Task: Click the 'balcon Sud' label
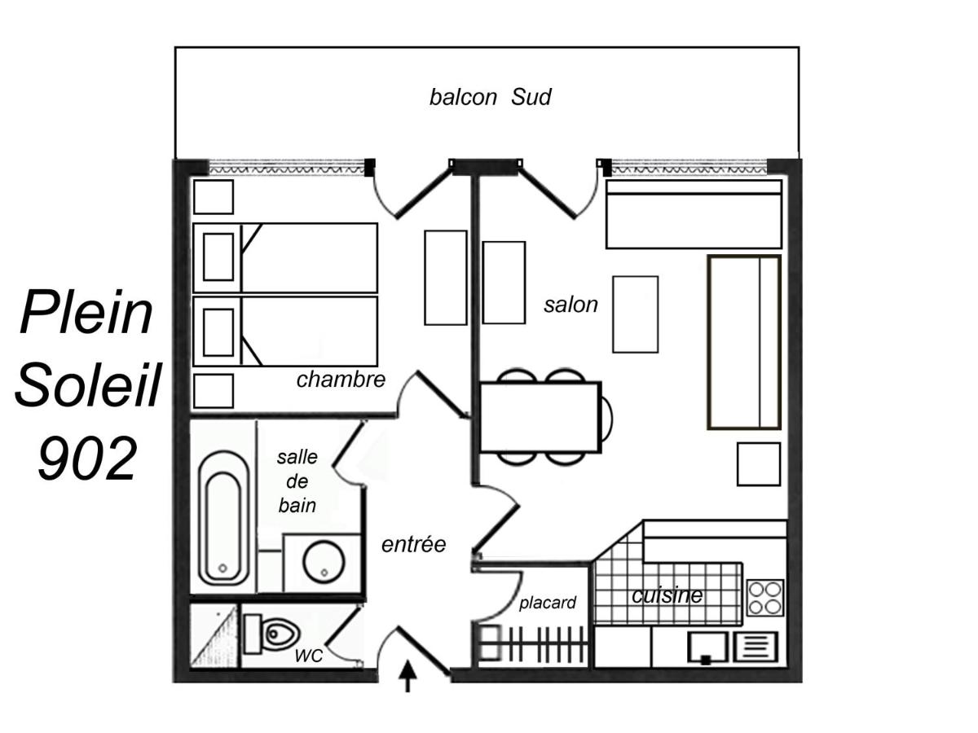click(x=490, y=97)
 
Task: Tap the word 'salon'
click(x=570, y=305)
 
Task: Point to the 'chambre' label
click(x=341, y=380)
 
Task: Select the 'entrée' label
click(x=413, y=544)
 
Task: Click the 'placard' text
click(x=548, y=603)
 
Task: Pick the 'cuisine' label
click(x=667, y=595)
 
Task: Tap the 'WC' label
click(x=308, y=655)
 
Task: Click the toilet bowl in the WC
click(x=280, y=633)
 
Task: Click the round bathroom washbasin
click(x=324, y=561)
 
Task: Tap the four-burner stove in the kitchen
click(x=764, y=598)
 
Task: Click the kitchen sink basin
click(x=707, y=647)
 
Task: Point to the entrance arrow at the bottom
click(x=407, y=677)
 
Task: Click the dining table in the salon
click(x=540, y=417)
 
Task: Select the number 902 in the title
click(x=87, y=458)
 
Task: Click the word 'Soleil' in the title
click(x=87, y=384)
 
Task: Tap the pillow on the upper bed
click(x=218, y=257)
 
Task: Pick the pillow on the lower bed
click(x=218, y=332)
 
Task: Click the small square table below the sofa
click(x=758, y=463)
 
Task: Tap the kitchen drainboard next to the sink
click(x=756, y=646)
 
